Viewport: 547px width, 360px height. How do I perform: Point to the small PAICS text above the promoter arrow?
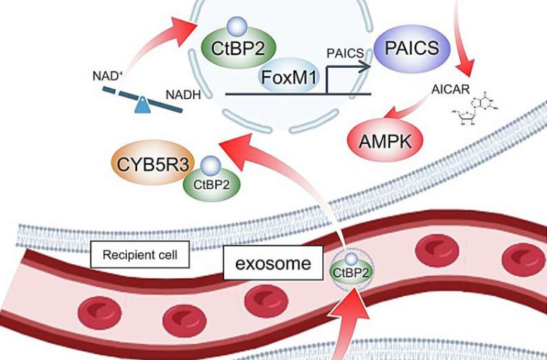tap(346, 53)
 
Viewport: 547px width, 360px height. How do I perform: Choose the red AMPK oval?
tap(384, 137)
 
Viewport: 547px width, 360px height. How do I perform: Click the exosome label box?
tap(272, 263)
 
